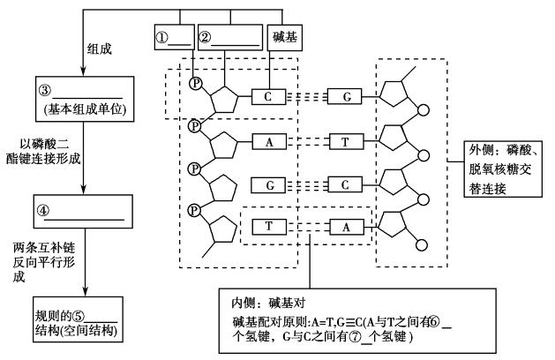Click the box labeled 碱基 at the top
pyautogui.click(x=281, y=39)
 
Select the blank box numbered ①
pyautogui.click(x=172, y=39)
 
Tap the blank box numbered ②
pyautogui.click(x=229, y=39)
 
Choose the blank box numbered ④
pyautogui.click(x=80, y=213)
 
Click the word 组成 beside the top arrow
pyautogui.click(x=100, y=50)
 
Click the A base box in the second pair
pyautogui.click(x=267, y=140)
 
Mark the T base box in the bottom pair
pyautogui.click(x=267, y=226)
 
